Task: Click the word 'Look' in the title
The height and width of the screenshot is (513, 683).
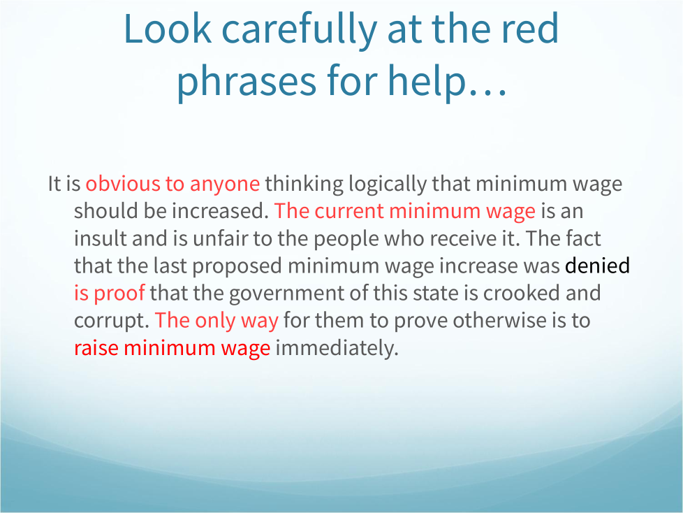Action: [168, 29]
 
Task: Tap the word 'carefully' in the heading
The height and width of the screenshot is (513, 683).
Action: [299, 29]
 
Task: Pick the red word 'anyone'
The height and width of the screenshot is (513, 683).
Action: [225, 185]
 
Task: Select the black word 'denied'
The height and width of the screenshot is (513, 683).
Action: [597, 266]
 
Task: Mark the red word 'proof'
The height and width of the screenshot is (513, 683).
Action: [119, 294]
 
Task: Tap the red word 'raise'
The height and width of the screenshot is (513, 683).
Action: [96, 348]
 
